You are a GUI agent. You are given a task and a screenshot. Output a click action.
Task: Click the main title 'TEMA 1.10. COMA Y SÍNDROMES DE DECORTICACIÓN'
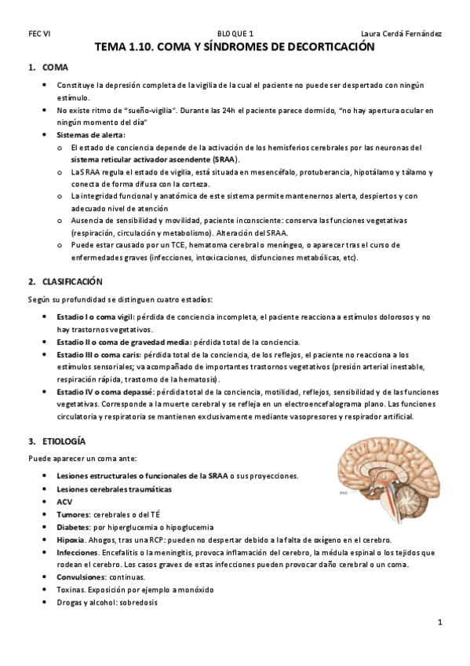235,49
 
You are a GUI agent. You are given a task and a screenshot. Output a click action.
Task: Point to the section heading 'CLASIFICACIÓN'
74,280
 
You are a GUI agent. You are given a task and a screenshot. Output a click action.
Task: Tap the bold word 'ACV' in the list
64,502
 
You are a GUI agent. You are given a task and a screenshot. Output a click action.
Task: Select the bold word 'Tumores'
74,514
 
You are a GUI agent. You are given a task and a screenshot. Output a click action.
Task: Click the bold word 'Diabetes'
75,527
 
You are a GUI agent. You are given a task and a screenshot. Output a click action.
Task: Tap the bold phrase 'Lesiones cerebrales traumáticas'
113,489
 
